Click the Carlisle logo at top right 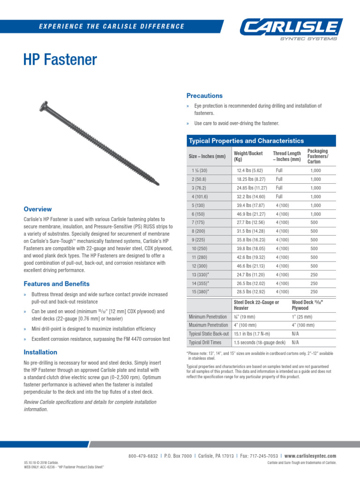click(292, 28)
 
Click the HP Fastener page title click(60, 60)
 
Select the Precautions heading click(204, 96)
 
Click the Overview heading click(37, 209)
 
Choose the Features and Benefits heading click(56, 284)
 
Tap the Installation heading click(40, 352)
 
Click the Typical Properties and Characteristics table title click(246, 141)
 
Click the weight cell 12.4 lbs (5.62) click(250, 171)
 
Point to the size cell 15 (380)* click(200, 292)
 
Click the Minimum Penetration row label click(208, 317)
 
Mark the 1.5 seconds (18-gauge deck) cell click(259, 342)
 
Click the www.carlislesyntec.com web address click(310, 456)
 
